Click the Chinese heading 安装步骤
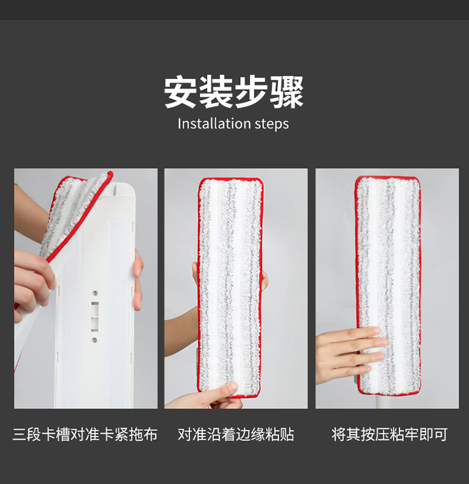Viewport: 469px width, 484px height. click(x=234, y=92)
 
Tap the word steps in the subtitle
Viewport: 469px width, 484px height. click(x=272, y=124)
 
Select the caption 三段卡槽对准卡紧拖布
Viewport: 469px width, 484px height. click(x=85, y=434)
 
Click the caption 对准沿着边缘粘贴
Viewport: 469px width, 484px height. click(x=236, y=434)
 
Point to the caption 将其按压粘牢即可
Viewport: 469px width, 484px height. click(x=389, y=434)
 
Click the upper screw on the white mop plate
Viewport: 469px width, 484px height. click(x=95, y=293)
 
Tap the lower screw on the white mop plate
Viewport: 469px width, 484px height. click(x=94, y=340)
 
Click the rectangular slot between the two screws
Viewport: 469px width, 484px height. click(x=94, y=317)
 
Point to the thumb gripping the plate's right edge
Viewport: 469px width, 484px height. click(x=138, y=280)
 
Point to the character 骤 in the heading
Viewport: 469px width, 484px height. click(x=286, y=92)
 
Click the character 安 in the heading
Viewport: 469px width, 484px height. click(x=181, y=92)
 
